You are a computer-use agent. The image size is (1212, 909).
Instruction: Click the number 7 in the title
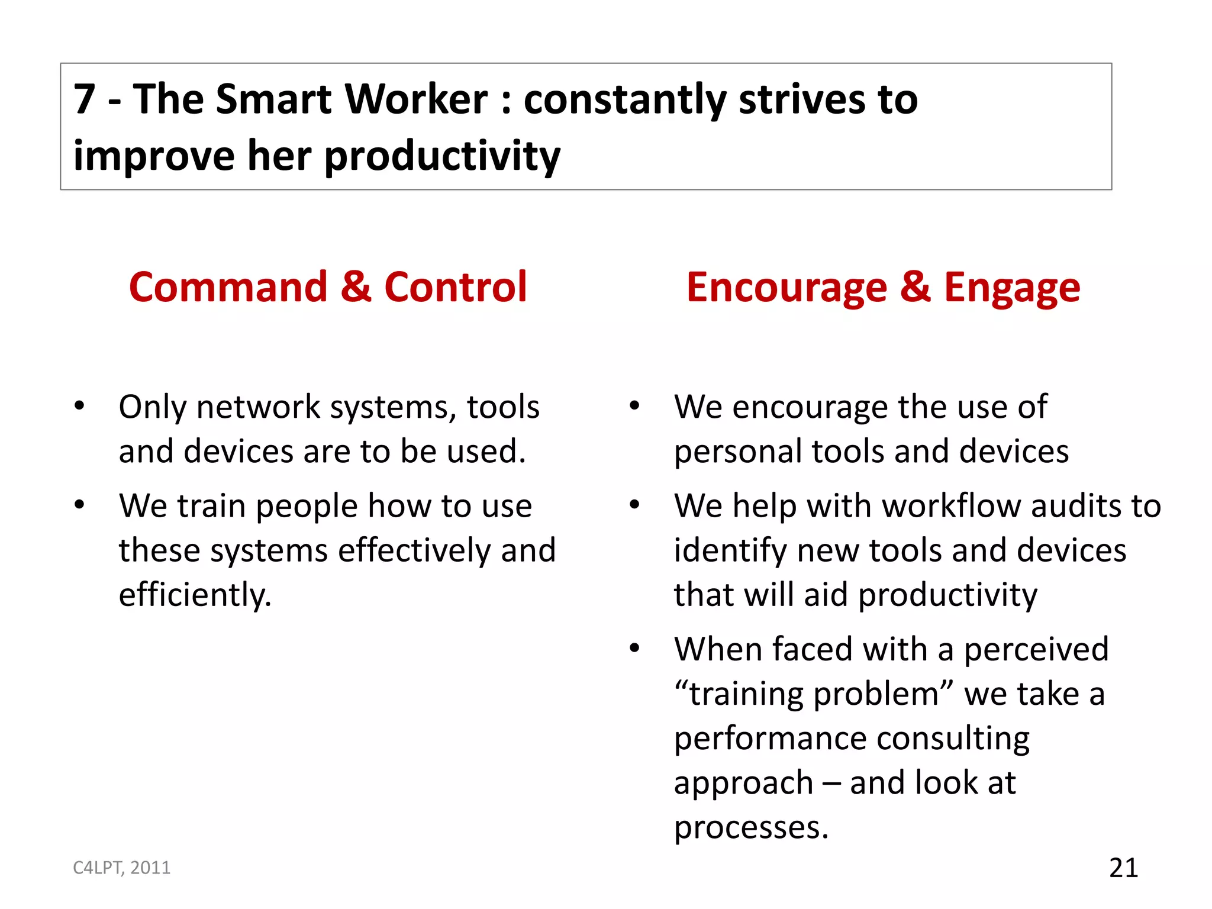(x=84, y=99)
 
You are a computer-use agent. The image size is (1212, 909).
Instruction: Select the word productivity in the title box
(x=442, y=156)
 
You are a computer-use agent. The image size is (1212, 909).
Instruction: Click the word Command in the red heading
(x=228, y=287)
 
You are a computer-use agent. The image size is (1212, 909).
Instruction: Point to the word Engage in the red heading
(x=1011, y=288)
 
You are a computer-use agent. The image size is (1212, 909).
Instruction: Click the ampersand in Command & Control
(x=356, y=287)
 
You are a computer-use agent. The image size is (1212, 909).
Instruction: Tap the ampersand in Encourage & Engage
(x=915, y=287)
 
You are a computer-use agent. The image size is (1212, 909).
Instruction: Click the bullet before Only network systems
(x=79, y=406)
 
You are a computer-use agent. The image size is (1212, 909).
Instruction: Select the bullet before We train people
(x=79, y=505)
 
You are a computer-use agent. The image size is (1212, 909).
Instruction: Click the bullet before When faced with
(x=634, y=648)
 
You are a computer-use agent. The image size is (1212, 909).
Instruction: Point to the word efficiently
(x=195, y=595)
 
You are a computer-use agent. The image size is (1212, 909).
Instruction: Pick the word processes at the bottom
(x=750, y=827)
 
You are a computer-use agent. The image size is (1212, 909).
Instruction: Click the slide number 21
(x=1123, y=868)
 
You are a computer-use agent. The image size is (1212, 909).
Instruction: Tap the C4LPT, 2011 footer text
(x=121, y=868)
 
